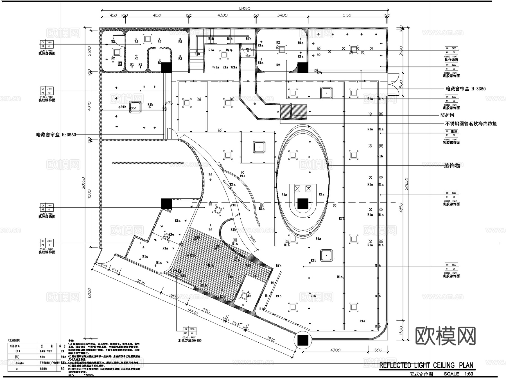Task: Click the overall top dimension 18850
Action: point(244,9)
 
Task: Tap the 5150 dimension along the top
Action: point(347,15)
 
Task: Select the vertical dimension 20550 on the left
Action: point(83,183)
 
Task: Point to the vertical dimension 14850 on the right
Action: point(401,208)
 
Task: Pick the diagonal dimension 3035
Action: point(141,281)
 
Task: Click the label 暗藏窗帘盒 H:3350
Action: point(466,89)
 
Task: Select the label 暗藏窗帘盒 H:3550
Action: point(56,135)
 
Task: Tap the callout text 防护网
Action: point(447,115)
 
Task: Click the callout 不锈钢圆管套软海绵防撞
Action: point(471,123)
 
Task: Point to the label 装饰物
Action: point(452,166)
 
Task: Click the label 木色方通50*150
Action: point(190,341)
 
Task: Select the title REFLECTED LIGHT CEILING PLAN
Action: point(426,365)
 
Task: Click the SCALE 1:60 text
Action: point(458,374)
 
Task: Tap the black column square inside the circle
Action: point(303,340)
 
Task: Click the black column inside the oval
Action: point(303,204)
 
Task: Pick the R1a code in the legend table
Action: point(63,357)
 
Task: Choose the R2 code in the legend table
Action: point(62,369)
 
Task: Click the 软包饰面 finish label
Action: point(451,60)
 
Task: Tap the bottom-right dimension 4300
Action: point(335,350)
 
